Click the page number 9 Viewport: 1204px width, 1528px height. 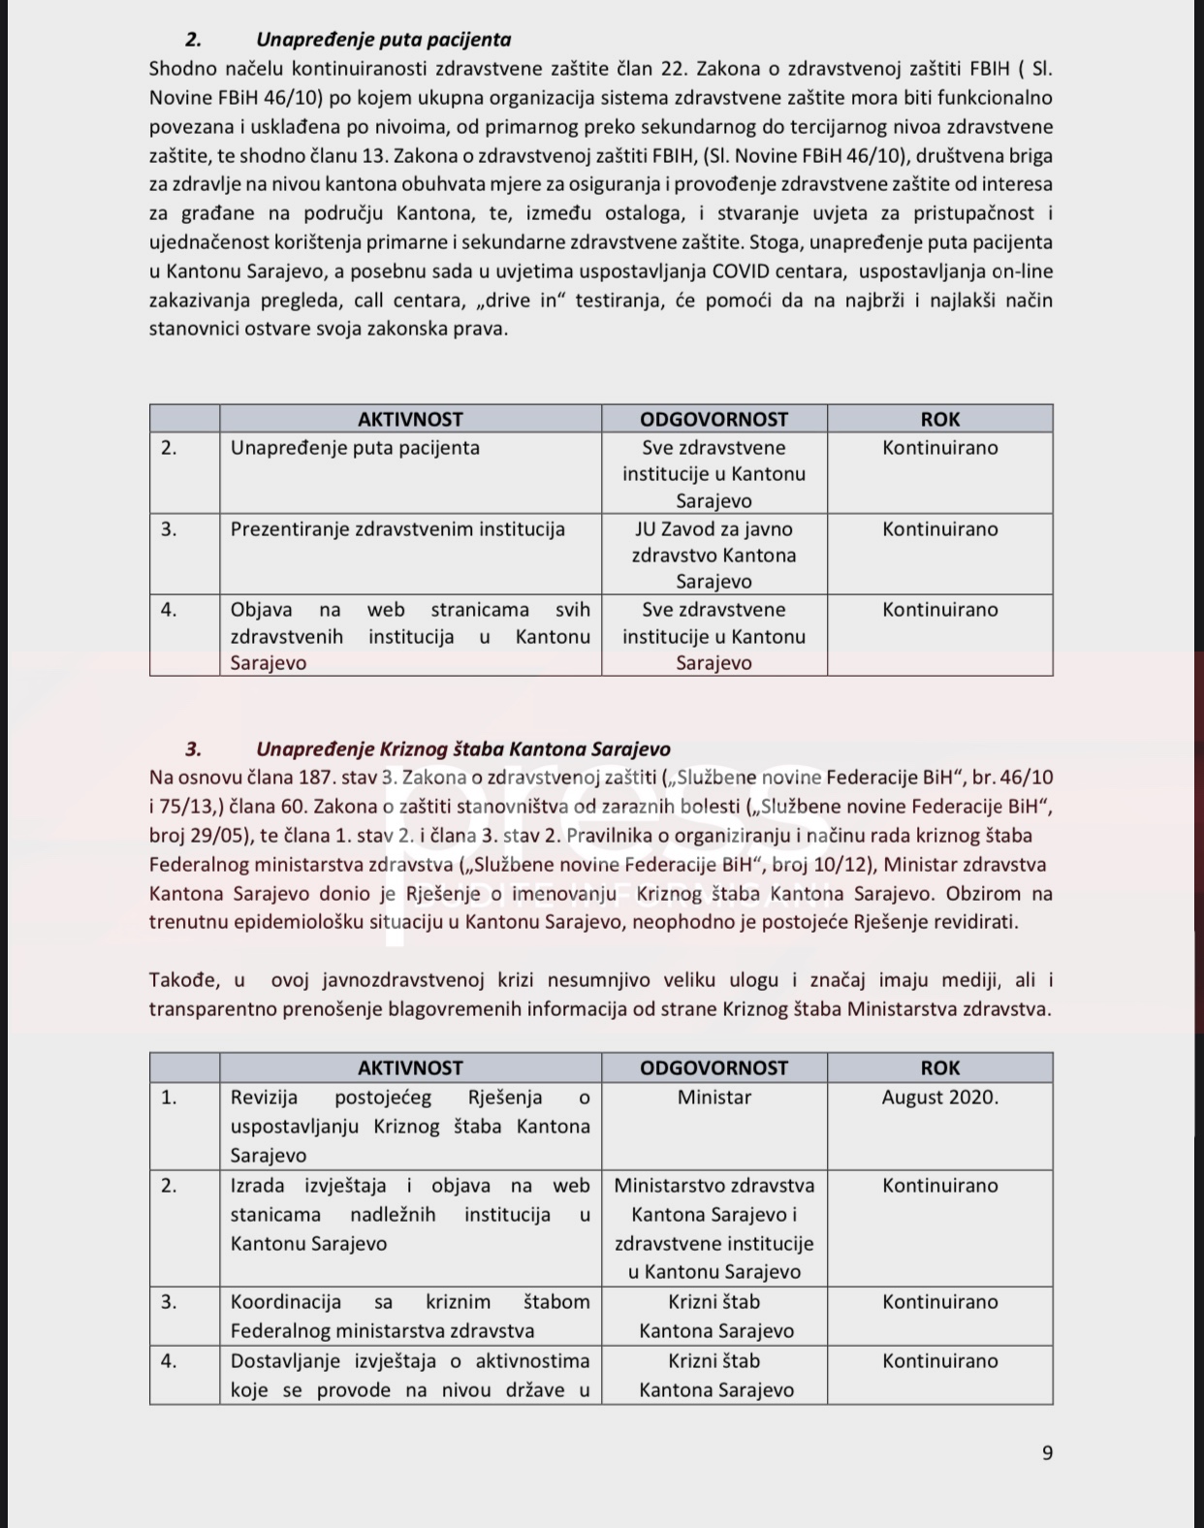(x=1047, y=1452)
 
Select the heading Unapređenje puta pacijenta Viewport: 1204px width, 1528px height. (x=383, y=40)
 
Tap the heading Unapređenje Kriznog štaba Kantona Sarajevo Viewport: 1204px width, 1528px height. (x=462, y=749)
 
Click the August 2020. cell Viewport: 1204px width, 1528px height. (x=939, y=1098)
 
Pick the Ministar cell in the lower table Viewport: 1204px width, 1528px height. (x=713, y=1098)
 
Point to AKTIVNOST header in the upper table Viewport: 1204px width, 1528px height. (x=410, y=420)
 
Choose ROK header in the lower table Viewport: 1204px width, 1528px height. (x=939, y=1067)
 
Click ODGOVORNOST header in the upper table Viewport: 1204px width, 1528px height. (x=713, y=420)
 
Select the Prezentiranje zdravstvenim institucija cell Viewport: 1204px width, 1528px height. (x=397, y=529)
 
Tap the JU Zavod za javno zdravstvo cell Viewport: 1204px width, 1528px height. (x=713, y=556)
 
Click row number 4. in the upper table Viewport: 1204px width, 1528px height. (x=169, y=610)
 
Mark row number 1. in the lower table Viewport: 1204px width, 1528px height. (x=169, y=1098)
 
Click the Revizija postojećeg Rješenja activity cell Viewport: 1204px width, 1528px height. (x=410, y=1126)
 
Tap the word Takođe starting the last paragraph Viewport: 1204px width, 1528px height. (x=184, y=980)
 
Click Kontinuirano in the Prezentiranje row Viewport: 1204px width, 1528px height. (x=939, y=529)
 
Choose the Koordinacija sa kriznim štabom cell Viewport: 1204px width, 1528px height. (x=410, y=1316)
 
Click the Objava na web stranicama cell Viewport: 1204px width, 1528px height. (x=410, y=636)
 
